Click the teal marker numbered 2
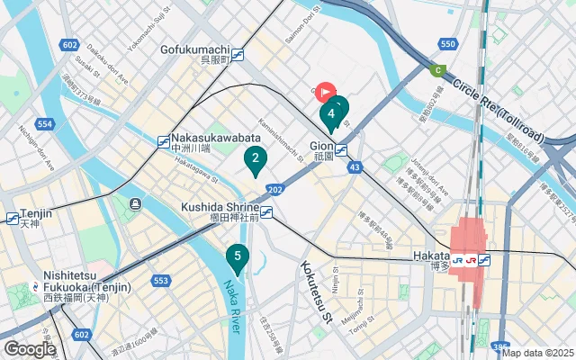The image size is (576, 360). [256, 161]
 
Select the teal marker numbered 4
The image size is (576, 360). [332, 113]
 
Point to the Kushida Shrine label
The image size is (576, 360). [218, 207]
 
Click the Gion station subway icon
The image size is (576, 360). [342, 149]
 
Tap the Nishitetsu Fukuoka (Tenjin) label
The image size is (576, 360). [85, 281]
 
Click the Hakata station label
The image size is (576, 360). [430, 256]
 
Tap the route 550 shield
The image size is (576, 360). [448, 43]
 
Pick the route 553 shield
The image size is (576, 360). [161, 281]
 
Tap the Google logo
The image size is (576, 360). [31, 348]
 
